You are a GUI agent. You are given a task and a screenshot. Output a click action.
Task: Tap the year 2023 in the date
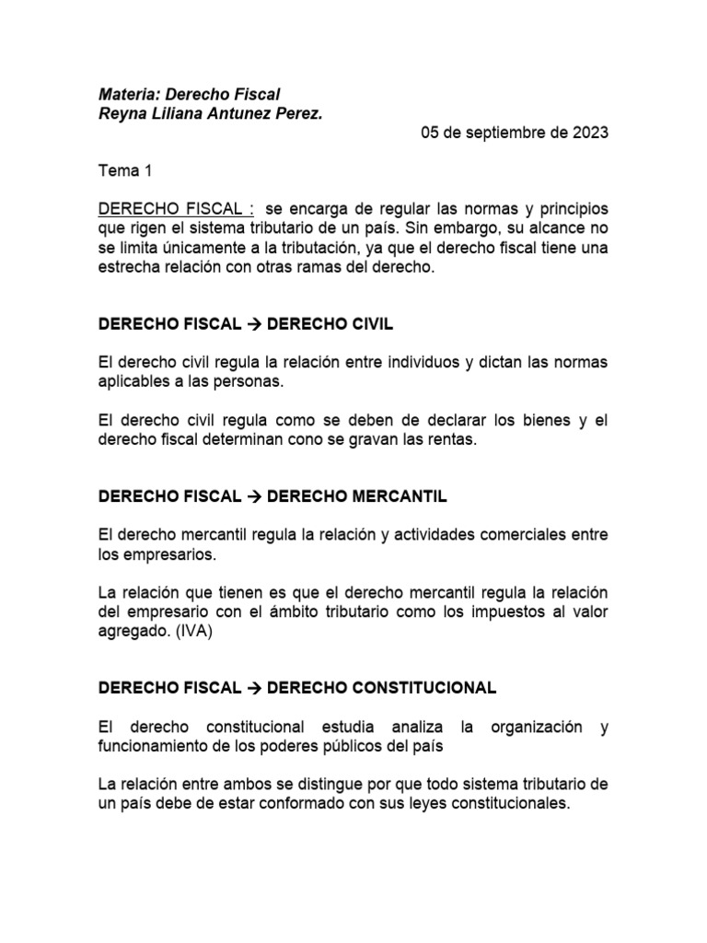tap(589, 133)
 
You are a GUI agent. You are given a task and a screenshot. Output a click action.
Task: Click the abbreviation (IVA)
tap(190, 632)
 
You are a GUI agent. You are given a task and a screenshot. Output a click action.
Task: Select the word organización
tap(527, 728)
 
